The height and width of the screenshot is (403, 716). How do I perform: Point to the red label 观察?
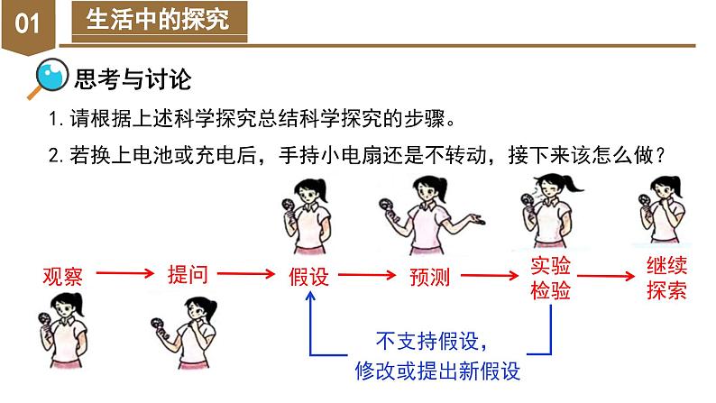62,275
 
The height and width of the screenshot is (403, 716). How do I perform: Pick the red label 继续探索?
667,279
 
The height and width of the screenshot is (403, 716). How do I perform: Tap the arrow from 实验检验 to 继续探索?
610,273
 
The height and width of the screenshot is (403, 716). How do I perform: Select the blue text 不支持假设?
431,343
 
